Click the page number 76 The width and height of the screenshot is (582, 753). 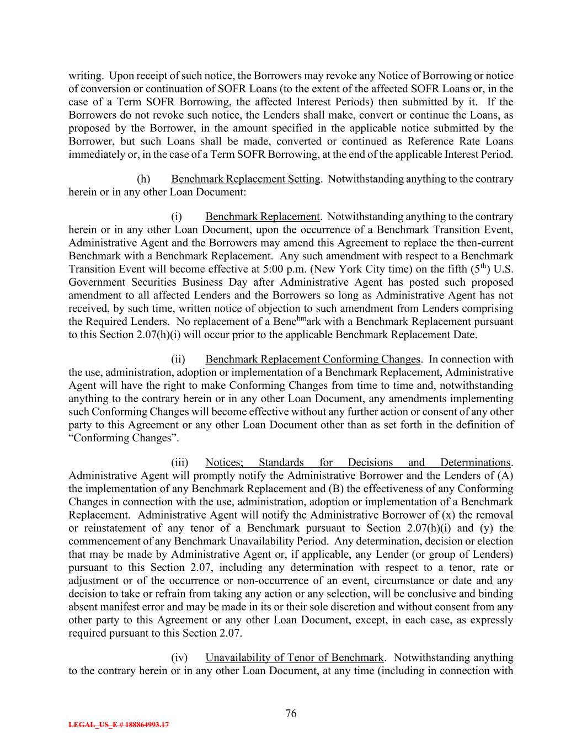click(x=291, y=713)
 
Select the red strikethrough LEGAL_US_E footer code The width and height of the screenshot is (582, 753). click(x=119, y=725)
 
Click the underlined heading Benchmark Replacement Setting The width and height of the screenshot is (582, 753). click(x=245, y=179)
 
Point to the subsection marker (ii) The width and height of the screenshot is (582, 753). click(x=178, y=359)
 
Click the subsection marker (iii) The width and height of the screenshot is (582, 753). click(x=179, y=462)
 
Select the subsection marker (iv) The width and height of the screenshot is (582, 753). click(x=179, y=658)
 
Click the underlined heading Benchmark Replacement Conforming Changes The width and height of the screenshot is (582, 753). click(x=313, y=359)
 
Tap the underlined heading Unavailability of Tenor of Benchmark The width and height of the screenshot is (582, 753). click(x=294, y=658)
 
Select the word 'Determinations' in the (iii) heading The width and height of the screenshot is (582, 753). click(x=476, y=462)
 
